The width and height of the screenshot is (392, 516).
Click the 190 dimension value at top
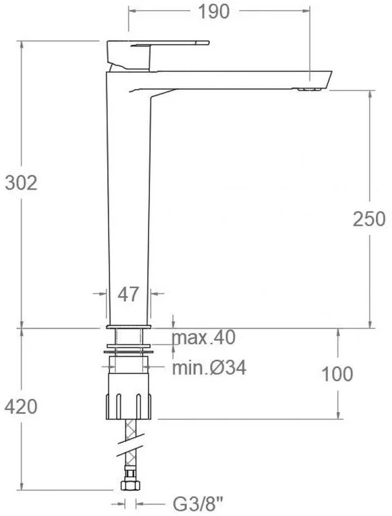pyautogui.click(x=214, y=12)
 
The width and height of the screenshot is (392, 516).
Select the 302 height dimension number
pyautogui.click(x=21, y=183)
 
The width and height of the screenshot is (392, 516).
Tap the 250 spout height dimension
pyautogui.click(x=369, y=219)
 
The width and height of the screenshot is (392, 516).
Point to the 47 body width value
pyautogui.click(x=129, y=294)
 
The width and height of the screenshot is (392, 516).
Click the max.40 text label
pyautogui.click(x=204, y=337)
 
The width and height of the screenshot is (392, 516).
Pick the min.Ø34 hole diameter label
pyautogui.click(x=209, y=368)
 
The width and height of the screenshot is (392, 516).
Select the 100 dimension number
pyautogui.click(x=337, y=374)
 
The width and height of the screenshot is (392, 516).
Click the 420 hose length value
pyautogui.click(x=21, y=407)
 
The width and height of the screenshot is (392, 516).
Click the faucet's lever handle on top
pyautogui.click(x=158, y=55)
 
